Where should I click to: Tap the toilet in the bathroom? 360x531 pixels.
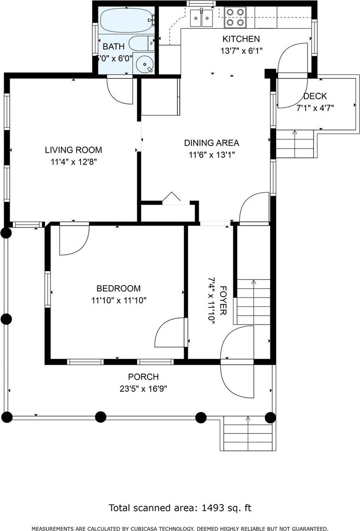coord(142,43)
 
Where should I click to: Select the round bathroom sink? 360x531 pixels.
coord(145,64)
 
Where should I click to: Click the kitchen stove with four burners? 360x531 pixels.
coord(235,17)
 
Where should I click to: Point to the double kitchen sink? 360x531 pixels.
coord(201,18)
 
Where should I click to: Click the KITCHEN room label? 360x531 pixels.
coord(241,39)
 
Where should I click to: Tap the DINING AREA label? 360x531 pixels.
coord(212,143)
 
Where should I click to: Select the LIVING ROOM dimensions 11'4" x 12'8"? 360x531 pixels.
coord(74,162)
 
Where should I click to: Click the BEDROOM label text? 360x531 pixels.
coord(118,289)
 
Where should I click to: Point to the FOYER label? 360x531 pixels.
coord(223,301)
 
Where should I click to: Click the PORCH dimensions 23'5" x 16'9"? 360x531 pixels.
coord(143,389)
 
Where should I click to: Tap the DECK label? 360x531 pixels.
coord(315,96)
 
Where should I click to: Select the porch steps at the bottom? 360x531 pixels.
coord(248,434)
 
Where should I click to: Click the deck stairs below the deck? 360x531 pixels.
coord(295,144)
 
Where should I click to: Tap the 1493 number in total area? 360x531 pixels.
coord(213,508)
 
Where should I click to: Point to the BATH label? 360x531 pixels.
coord(114,46)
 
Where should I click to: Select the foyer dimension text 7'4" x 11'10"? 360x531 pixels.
coord(212,301)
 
